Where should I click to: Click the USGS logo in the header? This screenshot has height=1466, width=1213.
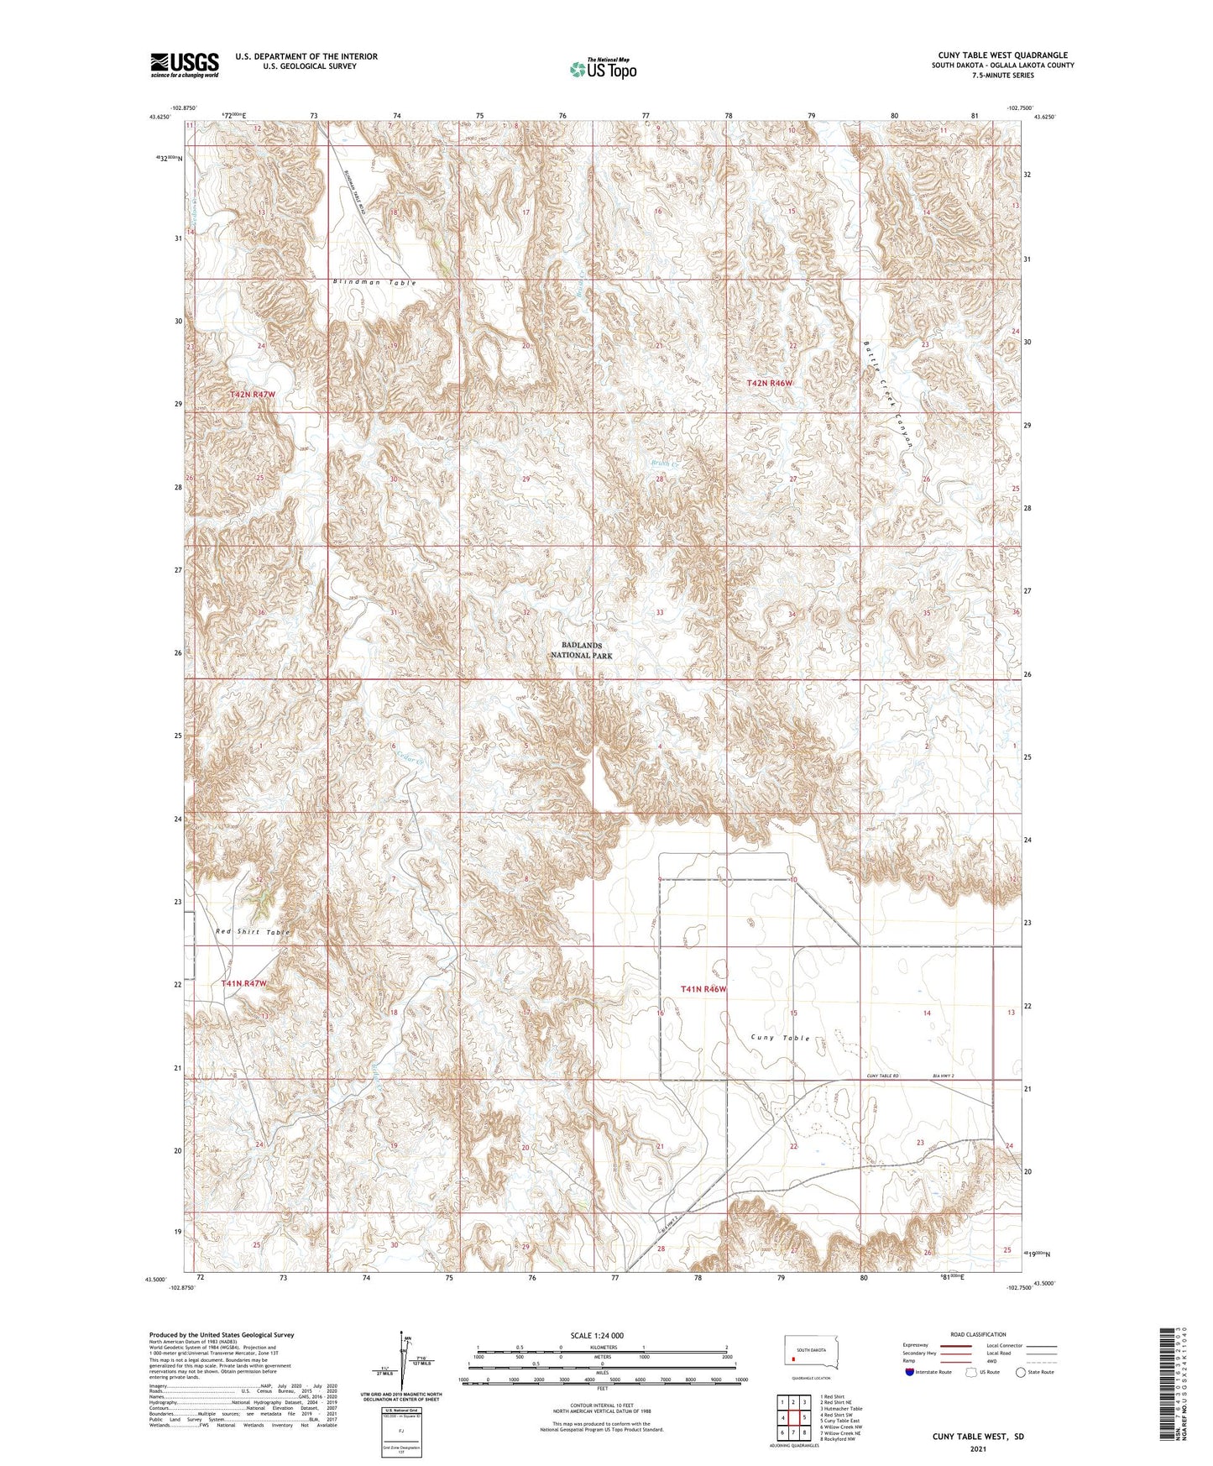[184, 65]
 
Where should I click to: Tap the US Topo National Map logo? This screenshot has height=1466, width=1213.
[603, 68]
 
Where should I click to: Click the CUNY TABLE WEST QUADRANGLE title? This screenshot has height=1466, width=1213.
[1002, 55]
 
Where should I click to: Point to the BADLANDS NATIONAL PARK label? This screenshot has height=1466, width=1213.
[587, 651]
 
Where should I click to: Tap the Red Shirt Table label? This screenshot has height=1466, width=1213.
[252, 932]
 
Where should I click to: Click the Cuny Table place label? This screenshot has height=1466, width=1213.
[781, 1038]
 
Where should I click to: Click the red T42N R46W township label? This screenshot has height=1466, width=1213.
[769, 383]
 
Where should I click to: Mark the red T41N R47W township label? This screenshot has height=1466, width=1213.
[243, 983]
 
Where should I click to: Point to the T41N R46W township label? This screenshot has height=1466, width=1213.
[703, 990]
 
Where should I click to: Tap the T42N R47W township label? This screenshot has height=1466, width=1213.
[252, 394]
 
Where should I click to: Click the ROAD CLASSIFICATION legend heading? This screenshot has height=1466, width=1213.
[978, 1334]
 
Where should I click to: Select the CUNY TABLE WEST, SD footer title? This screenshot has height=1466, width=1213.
[978, 1437]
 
